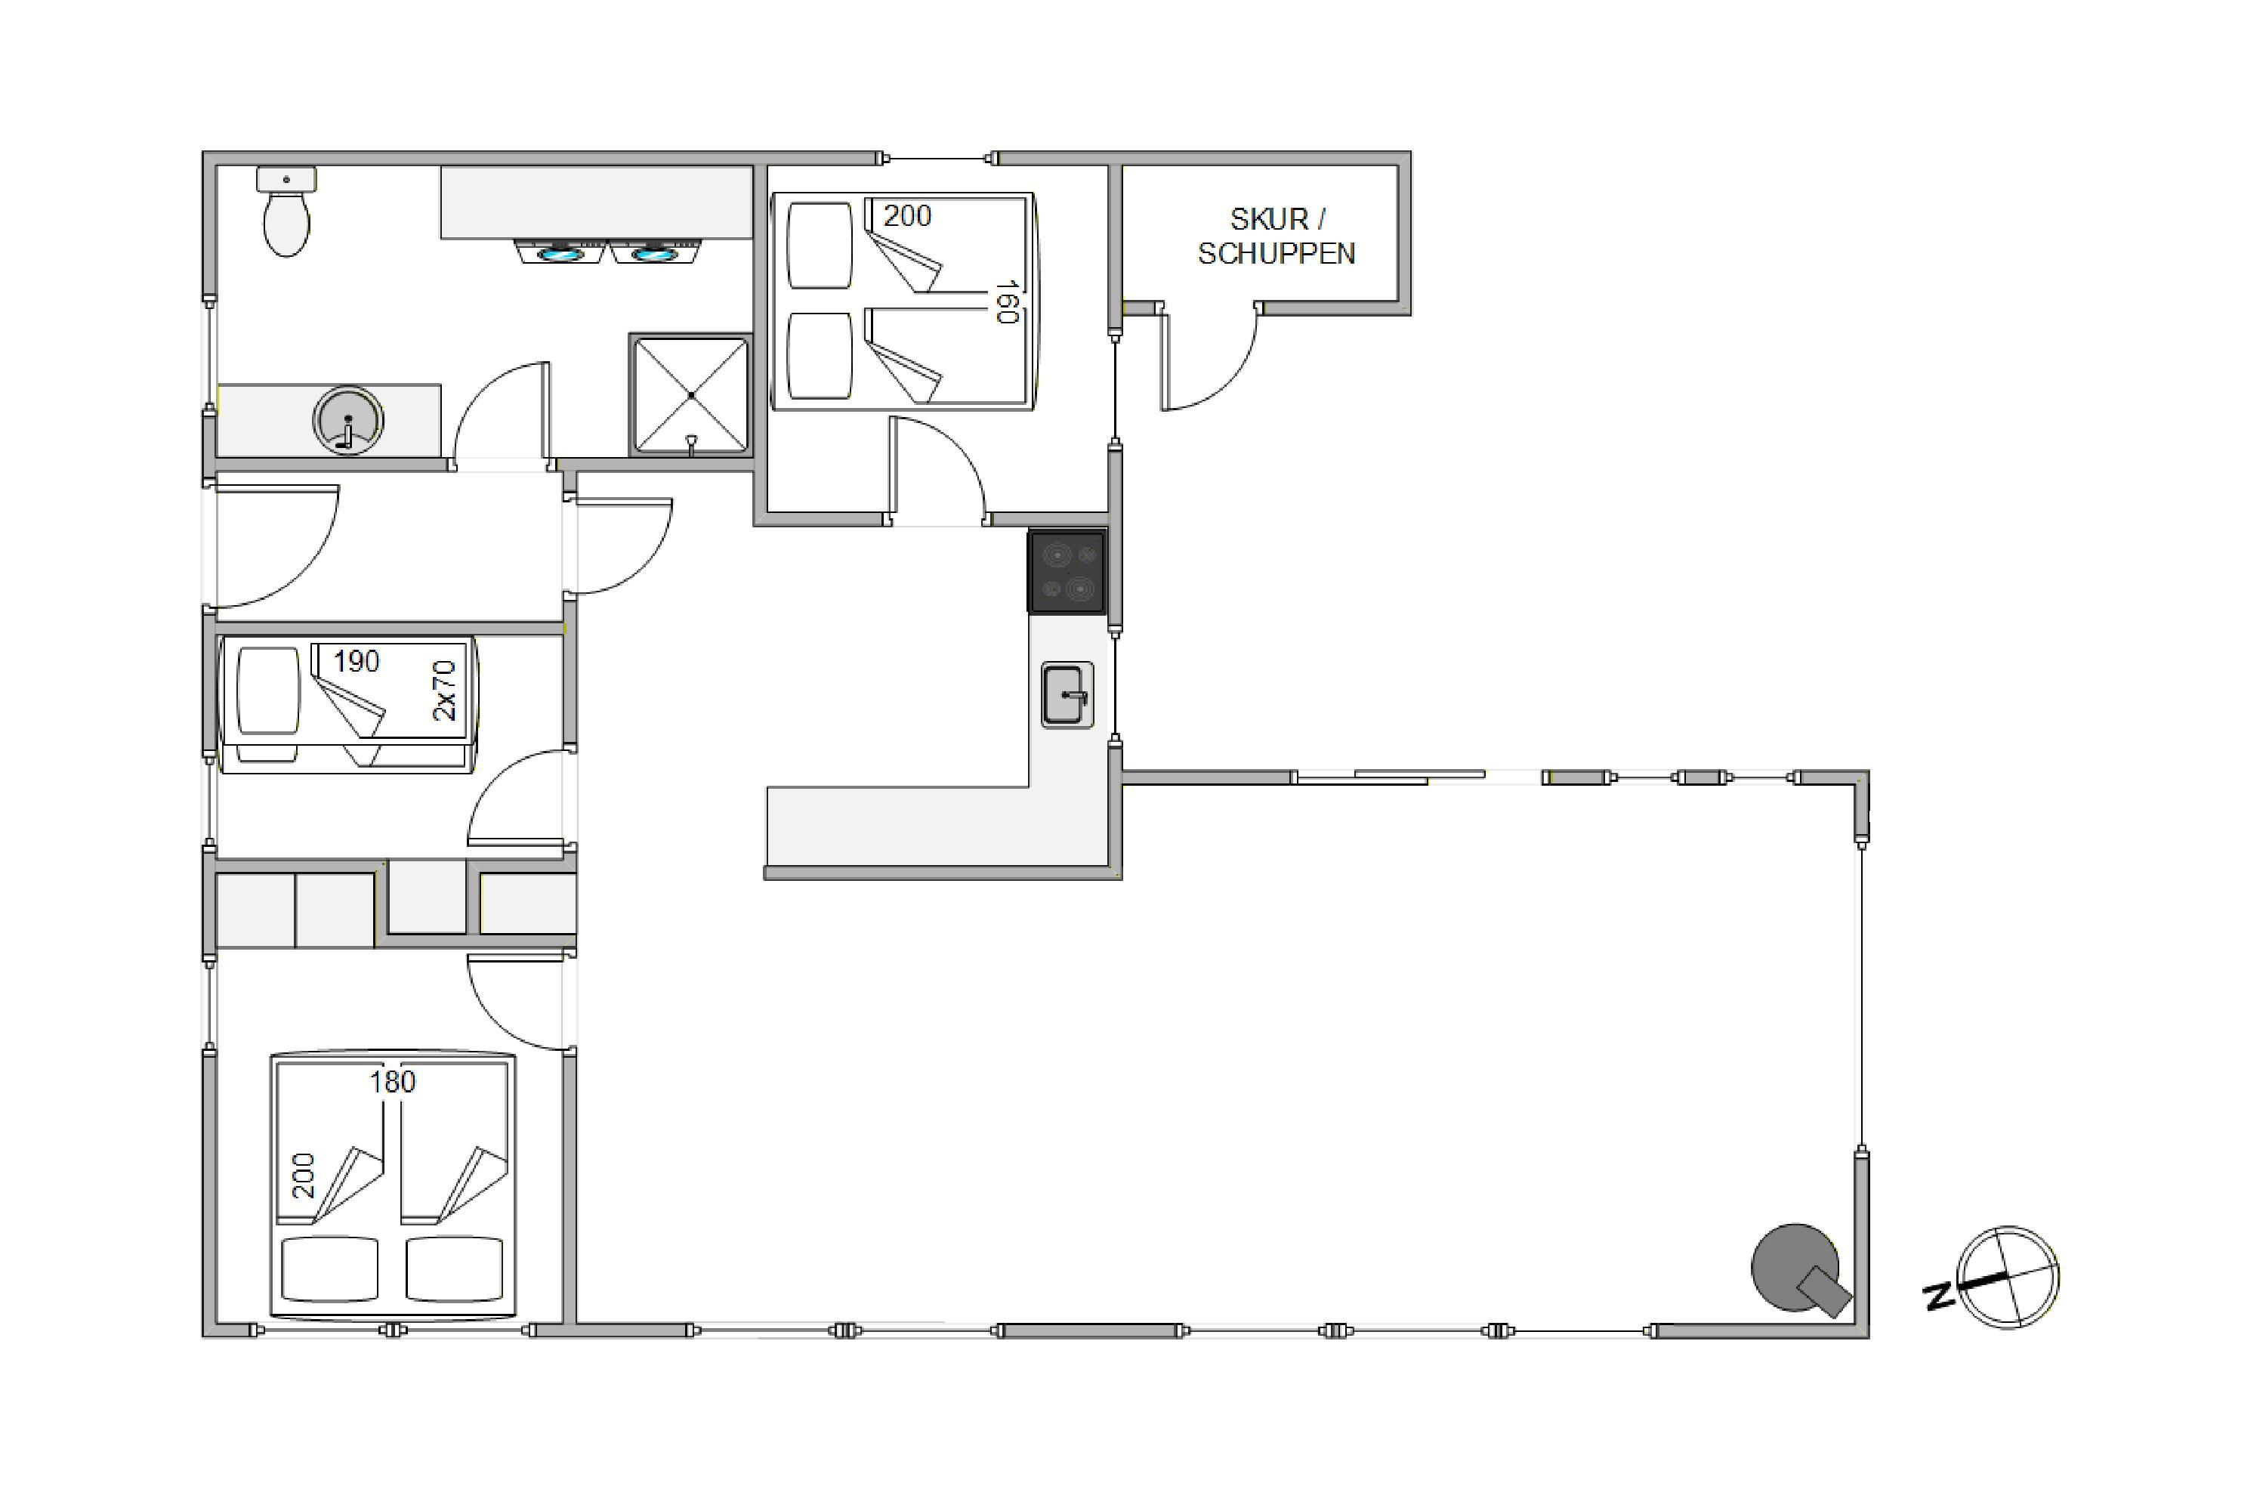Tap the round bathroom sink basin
pos(347,420)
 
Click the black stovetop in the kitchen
pos(1067,571)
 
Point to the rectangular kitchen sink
pos(1067,695)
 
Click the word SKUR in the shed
pos(1269,220)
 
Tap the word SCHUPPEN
pos(1277,253)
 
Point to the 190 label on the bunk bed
pos(357,661)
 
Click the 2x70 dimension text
pos(444,690)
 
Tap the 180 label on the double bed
pos(393,1082)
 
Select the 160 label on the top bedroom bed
pos(1007,301)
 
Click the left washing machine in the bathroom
pos(560,252)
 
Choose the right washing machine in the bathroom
pos(655,252)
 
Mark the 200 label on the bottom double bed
pos(304,1176)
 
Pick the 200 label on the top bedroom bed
pos(908,216)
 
